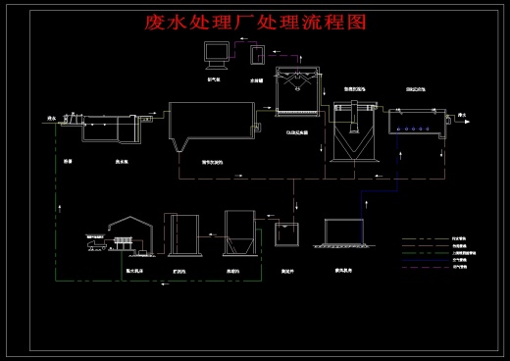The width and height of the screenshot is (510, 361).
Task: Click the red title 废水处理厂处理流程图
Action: click(x=254, y=23)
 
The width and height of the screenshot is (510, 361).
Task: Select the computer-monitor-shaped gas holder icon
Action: click(x=217, y=55)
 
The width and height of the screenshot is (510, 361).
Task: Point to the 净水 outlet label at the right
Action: click(x=460, y=117)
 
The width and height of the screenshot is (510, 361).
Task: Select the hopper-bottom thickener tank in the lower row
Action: click(x=239, y=235)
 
